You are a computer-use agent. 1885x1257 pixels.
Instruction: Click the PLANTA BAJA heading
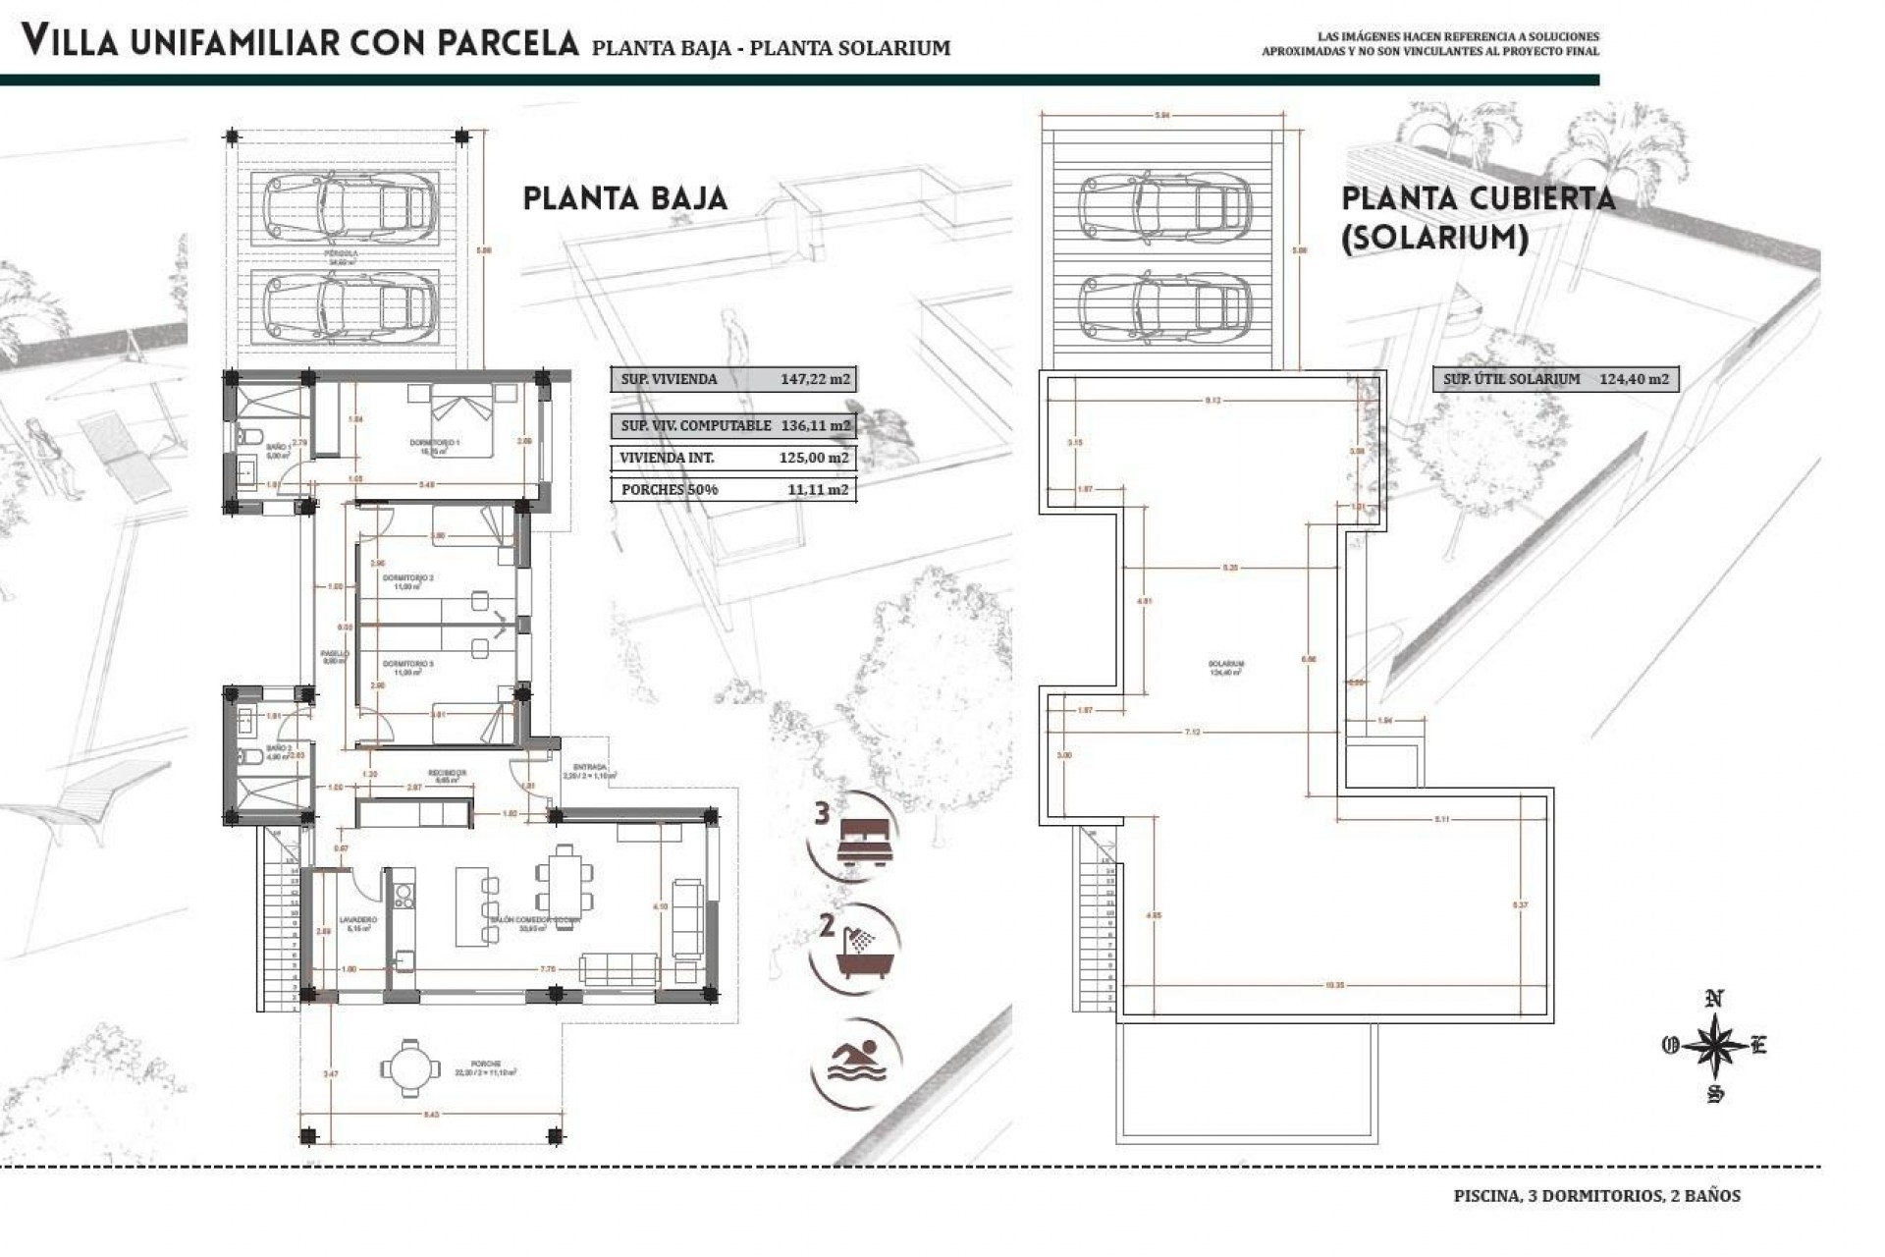point(624,198)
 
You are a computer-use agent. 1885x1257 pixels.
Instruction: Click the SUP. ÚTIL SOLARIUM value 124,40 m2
point(1634,379)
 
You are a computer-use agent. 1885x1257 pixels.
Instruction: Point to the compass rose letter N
point(1714,1000)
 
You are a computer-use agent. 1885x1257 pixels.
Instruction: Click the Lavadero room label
point(359,920)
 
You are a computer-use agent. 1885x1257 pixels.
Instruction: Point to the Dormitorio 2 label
point(407,578)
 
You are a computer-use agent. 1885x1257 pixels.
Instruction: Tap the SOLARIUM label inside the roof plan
point(1226,664)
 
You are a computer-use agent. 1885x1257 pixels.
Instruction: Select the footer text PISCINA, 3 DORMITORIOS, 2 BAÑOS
point(1596,1196)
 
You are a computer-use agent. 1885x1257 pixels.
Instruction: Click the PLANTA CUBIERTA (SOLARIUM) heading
point(1478,217)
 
